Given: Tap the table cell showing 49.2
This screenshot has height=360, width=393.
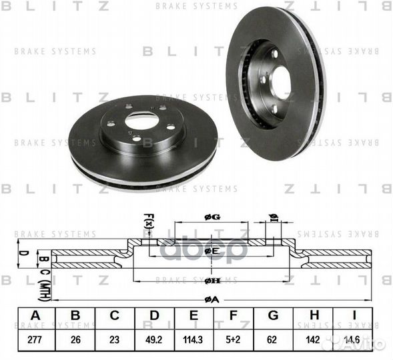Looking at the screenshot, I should click(155, 339).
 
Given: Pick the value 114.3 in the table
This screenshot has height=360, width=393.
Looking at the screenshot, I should click(196, 339).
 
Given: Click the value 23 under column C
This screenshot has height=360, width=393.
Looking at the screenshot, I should click(115, 339).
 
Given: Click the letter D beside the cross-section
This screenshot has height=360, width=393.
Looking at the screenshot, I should click(21, 253).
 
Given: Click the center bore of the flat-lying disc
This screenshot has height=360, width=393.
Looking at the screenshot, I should click(141, 122).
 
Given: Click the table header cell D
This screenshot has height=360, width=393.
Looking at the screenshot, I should click(155, 316).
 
